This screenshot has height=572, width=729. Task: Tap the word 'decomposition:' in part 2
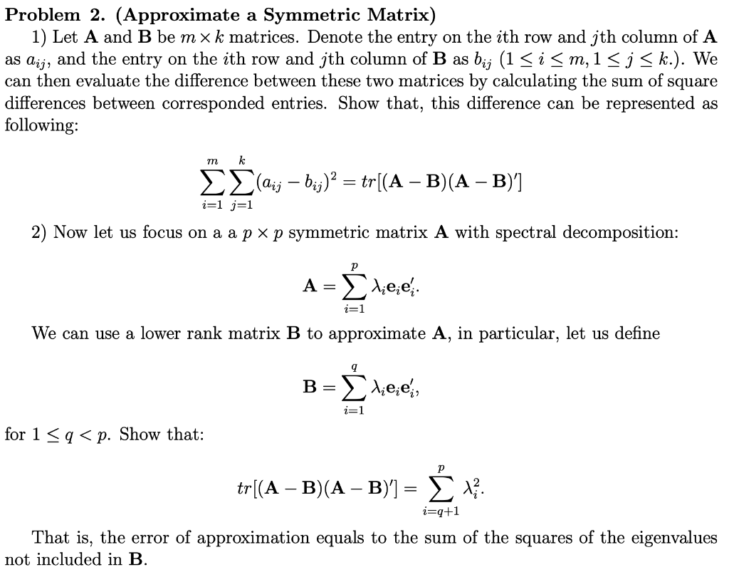coord(618,234)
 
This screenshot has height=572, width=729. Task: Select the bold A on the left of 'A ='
coord(310,286)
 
